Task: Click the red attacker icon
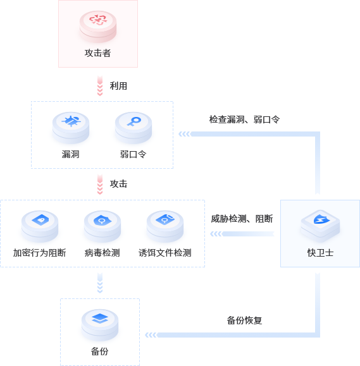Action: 98,26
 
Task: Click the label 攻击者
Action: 97,53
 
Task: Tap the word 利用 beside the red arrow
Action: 118,86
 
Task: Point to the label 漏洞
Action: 71,154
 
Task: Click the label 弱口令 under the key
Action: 133,154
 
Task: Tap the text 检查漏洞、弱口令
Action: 244,119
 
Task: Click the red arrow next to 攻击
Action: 100,184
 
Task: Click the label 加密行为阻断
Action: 39,253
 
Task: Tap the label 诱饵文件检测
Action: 165,253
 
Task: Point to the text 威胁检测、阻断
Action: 242,219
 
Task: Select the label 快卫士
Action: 320,253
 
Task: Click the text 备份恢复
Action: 244,320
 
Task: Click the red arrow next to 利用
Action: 100,86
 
